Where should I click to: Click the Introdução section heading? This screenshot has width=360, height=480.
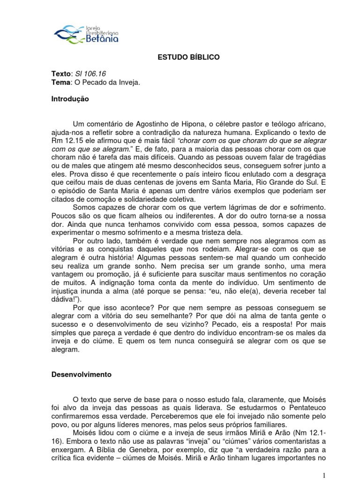(69, 99)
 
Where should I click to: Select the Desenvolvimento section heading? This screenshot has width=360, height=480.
(81, 375)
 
